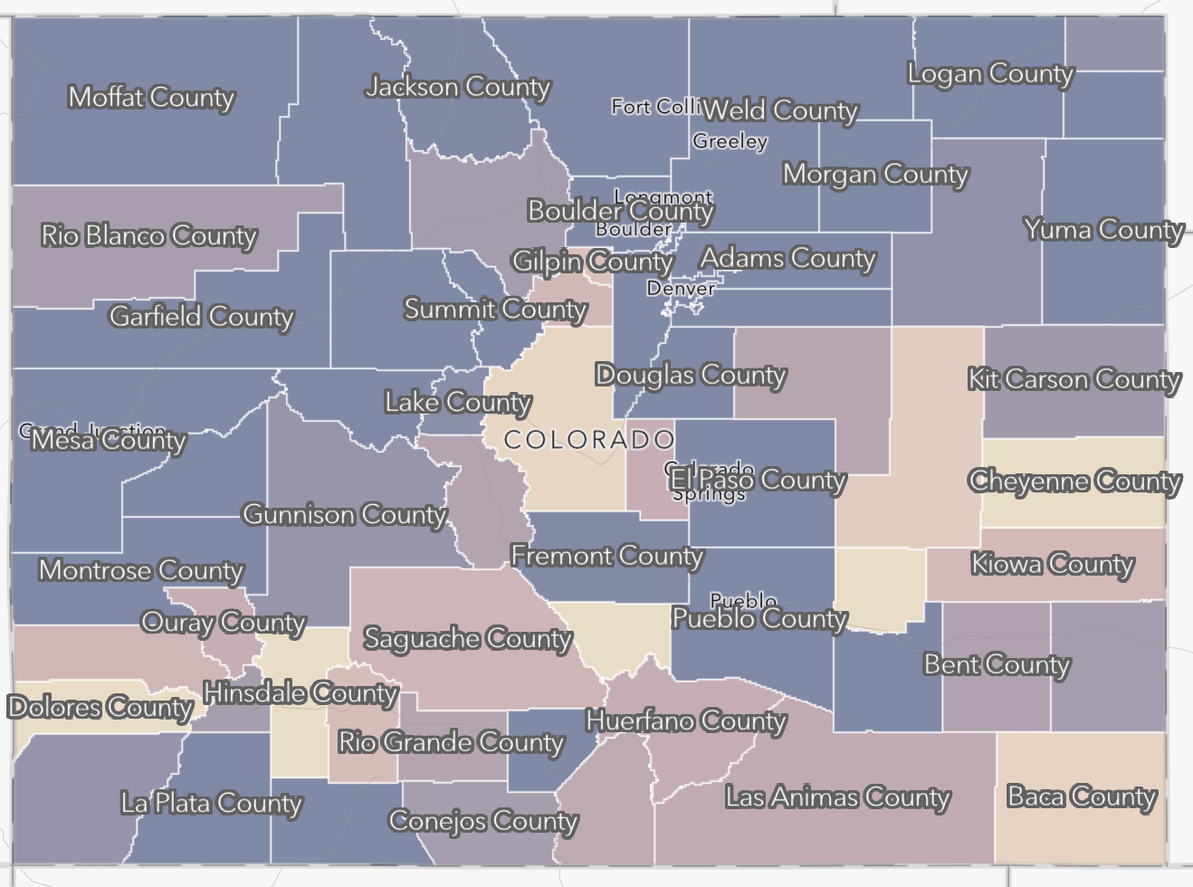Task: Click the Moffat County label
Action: [151, 97]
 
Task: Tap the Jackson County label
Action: [458, 87]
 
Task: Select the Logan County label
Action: [990, 73]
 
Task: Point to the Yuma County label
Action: [1103, 230]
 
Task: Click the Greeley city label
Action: [730, 141]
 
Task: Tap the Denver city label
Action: [680, 289]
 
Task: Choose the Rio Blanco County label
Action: [149, 236]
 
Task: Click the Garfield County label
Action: [201, 316]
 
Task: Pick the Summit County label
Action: [495, 310]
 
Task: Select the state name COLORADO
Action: [589, 440]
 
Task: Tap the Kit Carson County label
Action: [1074, 379]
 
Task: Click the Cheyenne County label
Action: [1074, 481]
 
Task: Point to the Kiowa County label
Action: [1052, 565]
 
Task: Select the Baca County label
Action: [1082, 796]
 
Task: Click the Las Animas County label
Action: [837, 797]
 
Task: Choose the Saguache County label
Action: [467, 639]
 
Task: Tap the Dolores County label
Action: [100, 707]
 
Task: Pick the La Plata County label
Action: [212, 803]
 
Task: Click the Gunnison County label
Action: [345, 515]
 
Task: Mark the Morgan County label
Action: [875, 174]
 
